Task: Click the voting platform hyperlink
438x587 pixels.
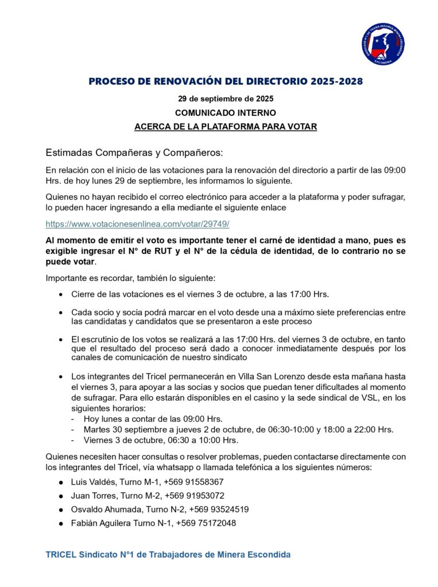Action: pos(138,223)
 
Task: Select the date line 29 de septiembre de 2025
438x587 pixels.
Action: pos(225,98)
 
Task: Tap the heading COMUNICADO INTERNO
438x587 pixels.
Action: pos(225,112)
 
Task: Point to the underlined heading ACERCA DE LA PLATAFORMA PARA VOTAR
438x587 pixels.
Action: pos(225,127)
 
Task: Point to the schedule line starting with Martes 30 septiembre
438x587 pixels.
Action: pos(238,429)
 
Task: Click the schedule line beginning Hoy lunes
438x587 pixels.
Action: pos(153,418)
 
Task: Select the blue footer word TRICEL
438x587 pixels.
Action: pos(60,554)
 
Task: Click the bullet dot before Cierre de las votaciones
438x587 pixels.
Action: pos(61,295)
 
